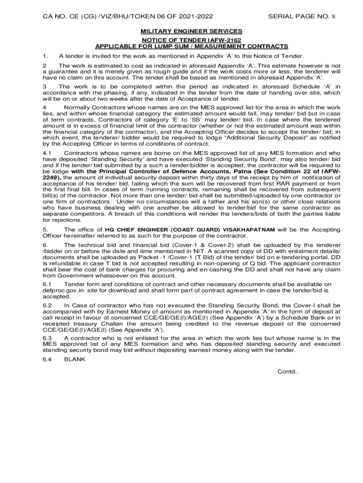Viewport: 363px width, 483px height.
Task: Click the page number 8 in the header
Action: (x=334, y=17)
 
